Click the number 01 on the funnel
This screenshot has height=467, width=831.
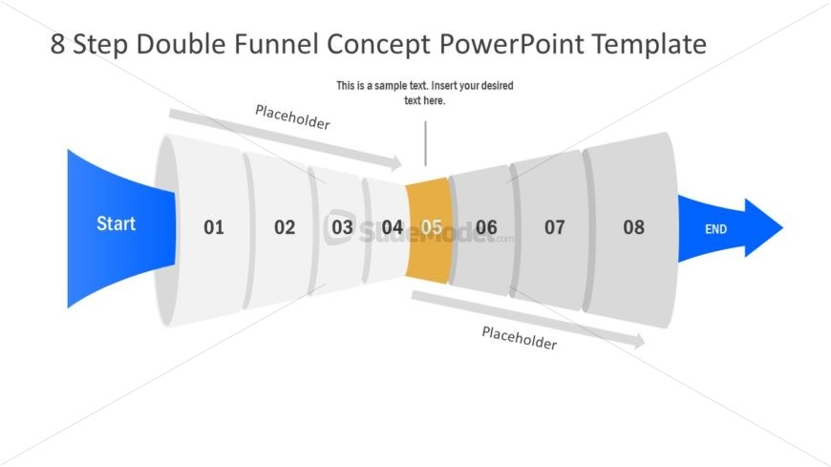(x=213, y=227)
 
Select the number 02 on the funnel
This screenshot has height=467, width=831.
(x=285, y=227)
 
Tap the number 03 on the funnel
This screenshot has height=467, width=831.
(x=342, y=227)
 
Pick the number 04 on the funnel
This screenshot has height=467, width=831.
(x=393, y=227)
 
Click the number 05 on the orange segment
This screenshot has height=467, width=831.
(x=432, y=227)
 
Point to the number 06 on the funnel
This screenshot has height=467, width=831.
(x=487, y=227)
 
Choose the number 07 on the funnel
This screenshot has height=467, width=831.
(x=555, y=227)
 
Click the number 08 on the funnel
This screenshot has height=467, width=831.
(x=634, y=227)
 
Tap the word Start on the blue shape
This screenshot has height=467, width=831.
(x=116, y=223)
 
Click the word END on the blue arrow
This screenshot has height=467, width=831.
(x=715, y=229)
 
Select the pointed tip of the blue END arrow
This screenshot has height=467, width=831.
(x=780, y=228)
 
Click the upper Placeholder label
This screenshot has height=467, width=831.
(x=292, y=117)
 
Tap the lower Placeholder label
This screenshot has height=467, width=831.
(x=519, y=337)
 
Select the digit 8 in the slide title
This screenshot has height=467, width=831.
(x=58, y=45)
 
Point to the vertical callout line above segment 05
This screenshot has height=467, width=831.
(x=425, y=143)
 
